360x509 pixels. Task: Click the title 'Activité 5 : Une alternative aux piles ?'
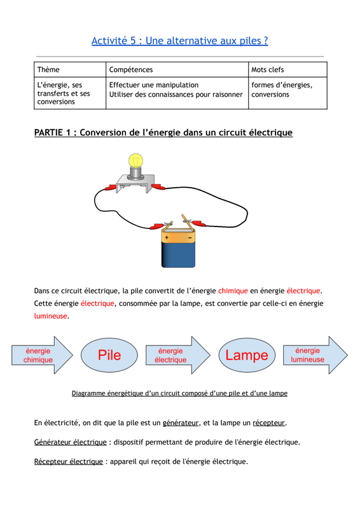pos(180,41)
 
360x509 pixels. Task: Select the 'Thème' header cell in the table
pos(70,69)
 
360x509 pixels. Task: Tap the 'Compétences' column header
pos(177,69)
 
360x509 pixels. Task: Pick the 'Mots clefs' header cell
pos(287,69)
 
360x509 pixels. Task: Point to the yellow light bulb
pos(135,162)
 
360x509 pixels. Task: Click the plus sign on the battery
pos(167,237)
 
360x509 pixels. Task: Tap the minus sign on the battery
pos(190,238)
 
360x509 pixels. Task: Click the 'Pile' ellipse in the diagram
pos(109,355)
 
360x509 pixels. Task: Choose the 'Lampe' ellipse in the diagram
pos(247,355)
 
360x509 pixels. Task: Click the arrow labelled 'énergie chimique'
pos(42,355)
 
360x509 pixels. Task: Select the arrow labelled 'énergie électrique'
pos(178,355)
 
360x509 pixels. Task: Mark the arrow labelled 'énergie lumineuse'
pos(315,355)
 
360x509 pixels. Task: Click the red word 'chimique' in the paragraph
pos(233,291)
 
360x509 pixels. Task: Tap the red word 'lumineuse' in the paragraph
pos(50,316)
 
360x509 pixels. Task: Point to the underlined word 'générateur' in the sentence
pos(181,423)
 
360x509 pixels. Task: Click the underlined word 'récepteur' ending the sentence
pos(269,423)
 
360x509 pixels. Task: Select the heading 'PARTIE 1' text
pos(52,132)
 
